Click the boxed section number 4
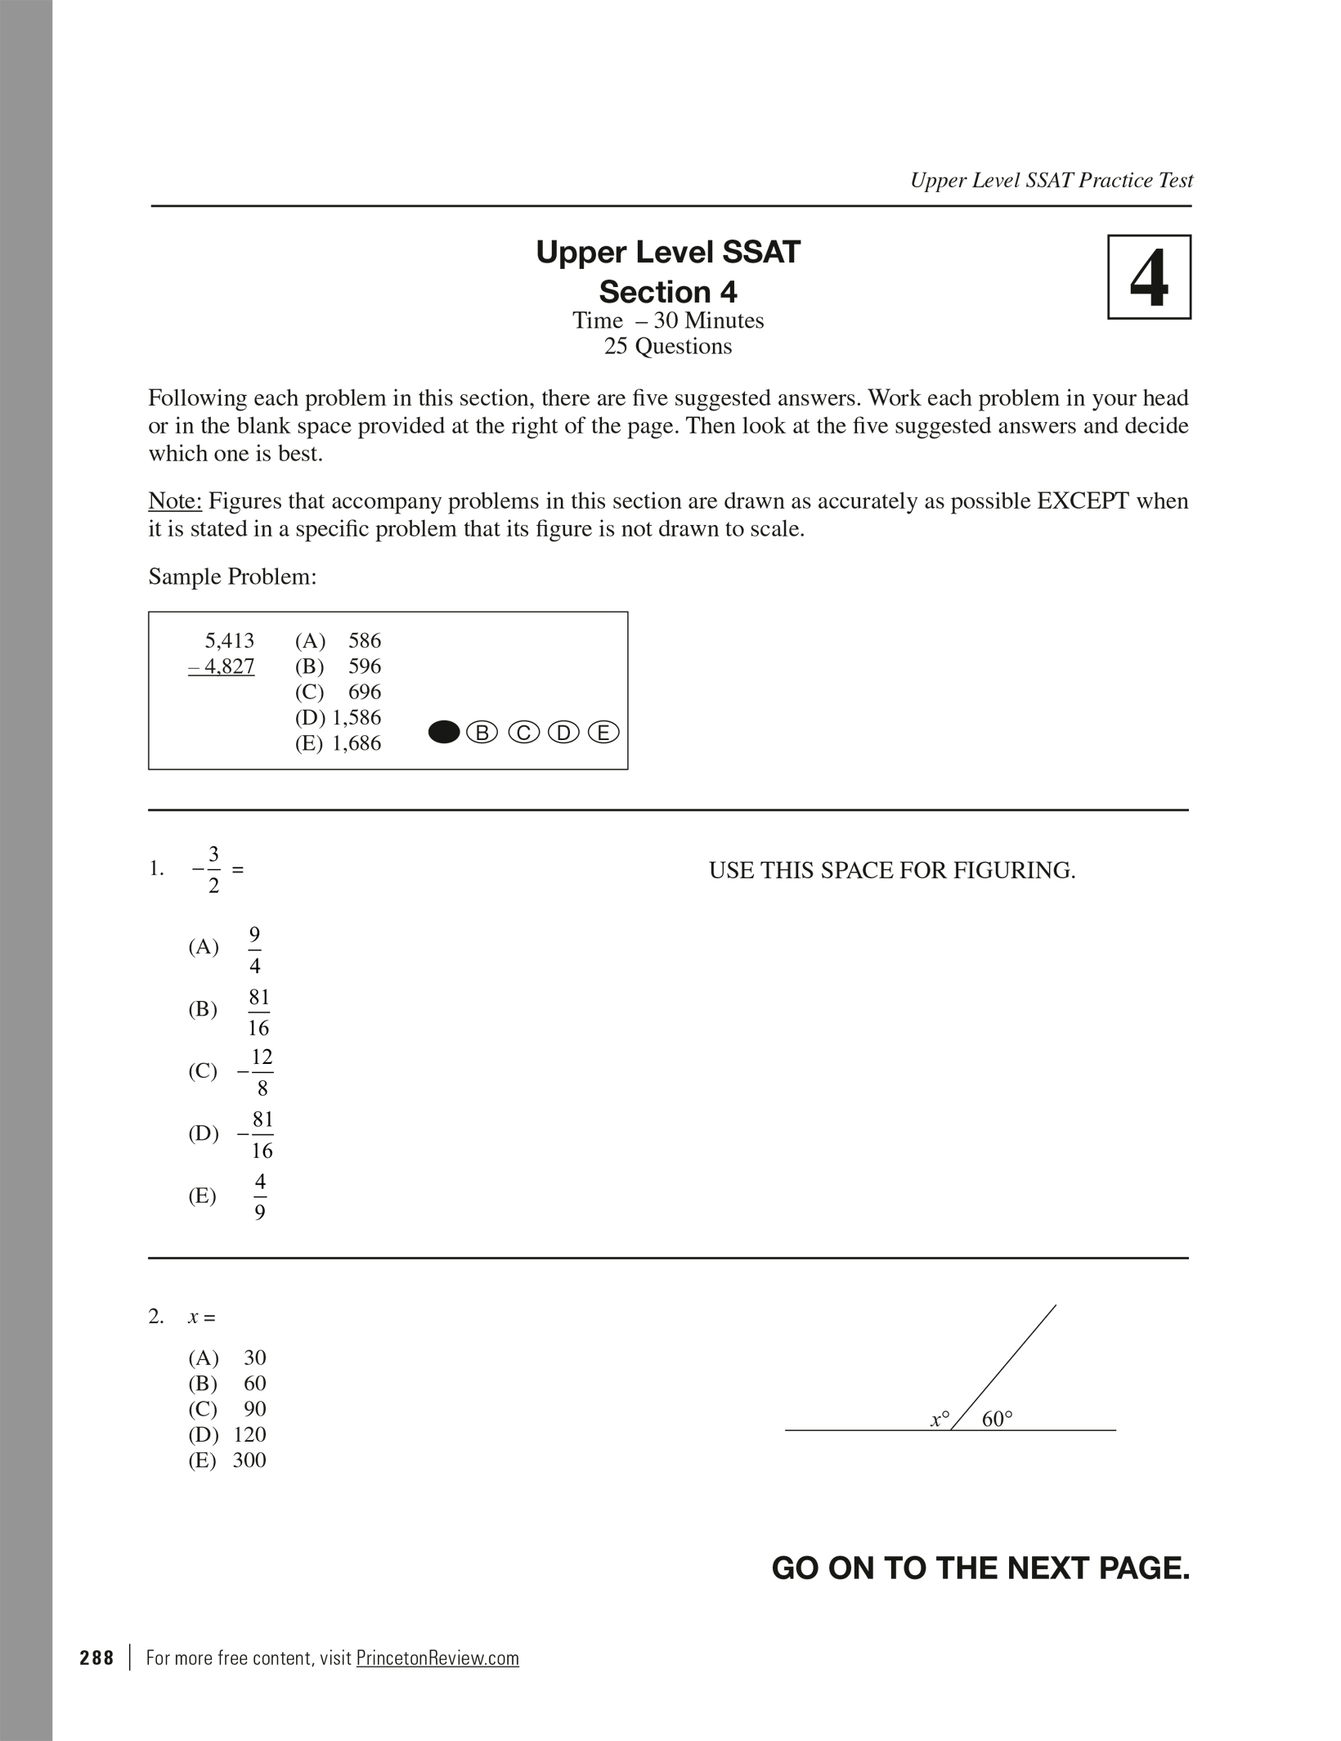[x=1149, y=277]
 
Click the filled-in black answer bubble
[x=444, y=733]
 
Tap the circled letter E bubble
[x=603, y=733]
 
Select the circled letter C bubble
[x=523, y=733]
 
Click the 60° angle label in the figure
[x=997, y=1420]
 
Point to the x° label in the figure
[x=940, y=1420]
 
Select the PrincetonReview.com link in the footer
[x=437, y=1658]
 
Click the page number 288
[x=97, y=1658]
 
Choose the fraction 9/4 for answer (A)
[x=255, y=949]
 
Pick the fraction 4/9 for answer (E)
[x=260, y=1197]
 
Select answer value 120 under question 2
[x=249, y=1434]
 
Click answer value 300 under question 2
[x=249, y=1460]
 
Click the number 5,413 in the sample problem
[x=229, y=640]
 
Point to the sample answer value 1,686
[x=357, y=743]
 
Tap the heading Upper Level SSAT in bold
[x=668, y=253]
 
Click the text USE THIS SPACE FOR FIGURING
[x=892, y=871]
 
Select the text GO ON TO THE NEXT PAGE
[x=980, y=1568]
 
